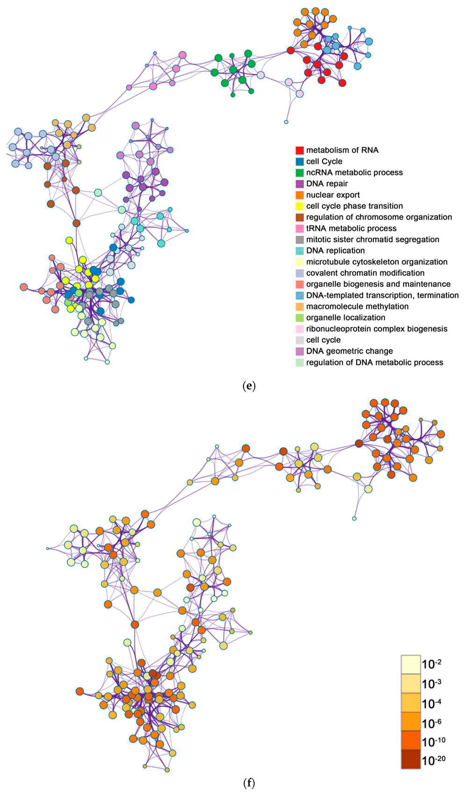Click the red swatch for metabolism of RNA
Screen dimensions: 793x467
coord(299,150)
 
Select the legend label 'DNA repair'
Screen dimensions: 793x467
coord(327,184)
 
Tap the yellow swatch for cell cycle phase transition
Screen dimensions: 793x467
coord(299,206)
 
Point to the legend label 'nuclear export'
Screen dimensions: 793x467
coord(333,195)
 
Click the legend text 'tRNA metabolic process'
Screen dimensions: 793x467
coord(351,228)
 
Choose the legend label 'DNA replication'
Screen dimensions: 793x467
coord(335,251)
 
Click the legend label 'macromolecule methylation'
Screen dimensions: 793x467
coord(357,306)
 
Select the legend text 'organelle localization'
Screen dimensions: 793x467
coord(345,318)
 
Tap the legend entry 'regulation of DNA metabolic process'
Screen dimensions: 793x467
coord(374,363)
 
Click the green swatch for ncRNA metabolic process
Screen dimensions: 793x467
coord(299,173)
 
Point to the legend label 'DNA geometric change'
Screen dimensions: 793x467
coord(349,351)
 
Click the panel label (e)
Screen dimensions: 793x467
coord(249,386)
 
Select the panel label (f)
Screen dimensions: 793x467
coord(249,783)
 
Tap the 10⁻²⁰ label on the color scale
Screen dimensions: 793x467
coord(433,760)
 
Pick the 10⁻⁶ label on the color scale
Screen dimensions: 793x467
coord(431,723)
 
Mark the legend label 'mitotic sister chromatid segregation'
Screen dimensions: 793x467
coord(373,240)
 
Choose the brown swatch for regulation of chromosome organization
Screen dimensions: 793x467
coord(299,217)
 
